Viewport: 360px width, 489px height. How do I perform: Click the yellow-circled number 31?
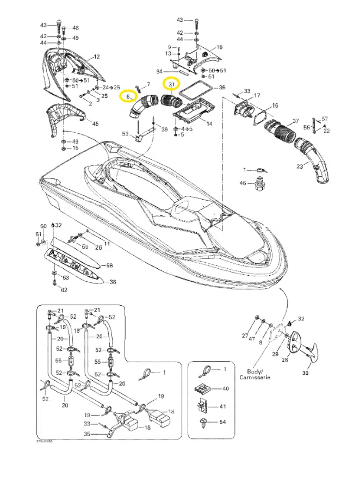click(x=171, y=85)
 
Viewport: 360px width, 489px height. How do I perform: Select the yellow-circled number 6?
click(x=128, y=97)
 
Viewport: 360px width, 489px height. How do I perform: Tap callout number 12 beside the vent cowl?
click(x=97, y=57)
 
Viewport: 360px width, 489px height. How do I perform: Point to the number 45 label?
click(x=95, y=124)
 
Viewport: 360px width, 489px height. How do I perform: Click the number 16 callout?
click(x=275, y=106)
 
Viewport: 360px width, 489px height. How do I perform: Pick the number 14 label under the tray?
click(x=209, y=124)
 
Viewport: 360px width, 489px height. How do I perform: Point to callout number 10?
click(x=220, y=47)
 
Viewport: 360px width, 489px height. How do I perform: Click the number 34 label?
click(x=159, y=71)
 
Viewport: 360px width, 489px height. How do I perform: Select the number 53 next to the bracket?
click(x=125, y=133)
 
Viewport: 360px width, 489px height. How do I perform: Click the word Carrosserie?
click(x=253, y=377)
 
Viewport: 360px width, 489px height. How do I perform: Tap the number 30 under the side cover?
click(x=305, y=374)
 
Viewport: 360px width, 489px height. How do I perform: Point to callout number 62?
click(x=64, y=290)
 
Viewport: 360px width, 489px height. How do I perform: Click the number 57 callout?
click(x=325, y=119)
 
